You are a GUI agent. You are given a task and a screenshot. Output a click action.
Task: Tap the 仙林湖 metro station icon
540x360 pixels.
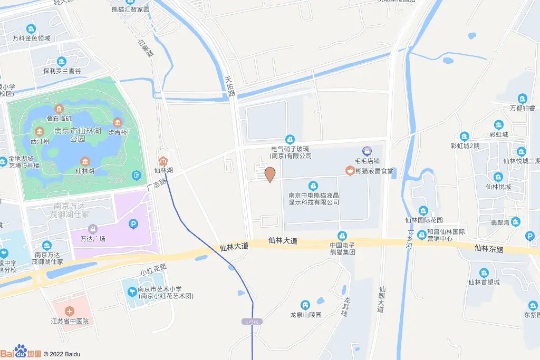click(x=163, y=161)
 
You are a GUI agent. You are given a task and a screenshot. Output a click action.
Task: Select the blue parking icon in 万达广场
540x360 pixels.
click(x=133, y=225)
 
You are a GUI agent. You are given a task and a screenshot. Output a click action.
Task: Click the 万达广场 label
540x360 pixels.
click(x=93, y=239)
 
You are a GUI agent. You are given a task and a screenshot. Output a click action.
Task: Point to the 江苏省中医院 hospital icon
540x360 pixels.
click(x=70, y=312)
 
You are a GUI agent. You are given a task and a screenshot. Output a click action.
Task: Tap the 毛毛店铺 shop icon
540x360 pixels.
click(x=367, y=151)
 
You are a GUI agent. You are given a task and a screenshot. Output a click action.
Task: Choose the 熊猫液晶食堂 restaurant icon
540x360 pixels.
click(x=349, y=170)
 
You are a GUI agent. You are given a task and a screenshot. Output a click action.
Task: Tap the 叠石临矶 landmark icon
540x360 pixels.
click(x=58, y=109)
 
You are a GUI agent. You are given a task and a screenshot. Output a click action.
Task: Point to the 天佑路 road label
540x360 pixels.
click(x=229, y=87)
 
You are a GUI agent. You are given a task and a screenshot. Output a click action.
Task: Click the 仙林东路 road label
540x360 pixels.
click(x=489, y=247)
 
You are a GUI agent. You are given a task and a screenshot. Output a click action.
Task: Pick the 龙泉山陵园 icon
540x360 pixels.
click(x=305, y=305)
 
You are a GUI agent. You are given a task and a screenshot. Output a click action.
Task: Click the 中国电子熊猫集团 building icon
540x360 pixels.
click(x=342, y=235)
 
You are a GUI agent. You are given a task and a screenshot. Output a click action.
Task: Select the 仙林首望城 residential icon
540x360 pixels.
click(x=484, y=273)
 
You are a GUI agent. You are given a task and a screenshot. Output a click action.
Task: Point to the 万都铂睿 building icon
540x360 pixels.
click(x=522, y=99)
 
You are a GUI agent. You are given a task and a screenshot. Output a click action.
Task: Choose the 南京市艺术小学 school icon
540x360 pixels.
click(x=131, y=290)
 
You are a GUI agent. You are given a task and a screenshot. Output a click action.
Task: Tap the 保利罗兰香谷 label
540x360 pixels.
click(x=62, y=71)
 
